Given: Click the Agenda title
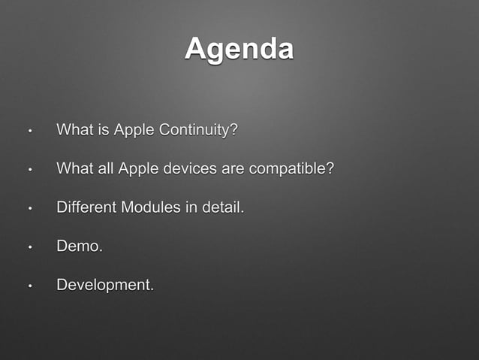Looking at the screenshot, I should pyautogui.click(x=239, y=49).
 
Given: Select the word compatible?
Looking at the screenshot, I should pyautogui.click(x=291, y=168).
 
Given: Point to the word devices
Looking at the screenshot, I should pyautogui.click(x=188, y=168).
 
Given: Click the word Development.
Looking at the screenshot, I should pyautogui.click(x=105, y=286).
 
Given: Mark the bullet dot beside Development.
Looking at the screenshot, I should pyautogui.click(x=29, y=286).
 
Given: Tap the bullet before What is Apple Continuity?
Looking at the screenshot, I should pyautogui.click(x=29, y=131).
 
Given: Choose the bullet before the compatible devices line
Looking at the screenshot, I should pyautogui.click(x=29, y=169).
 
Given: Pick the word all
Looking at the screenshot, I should pyautogui.click(x=106, y=168).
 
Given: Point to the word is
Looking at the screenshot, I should pyautogui.click(x=104, y=130).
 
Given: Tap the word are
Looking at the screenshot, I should pyautogui.click(x=232, y=168).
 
